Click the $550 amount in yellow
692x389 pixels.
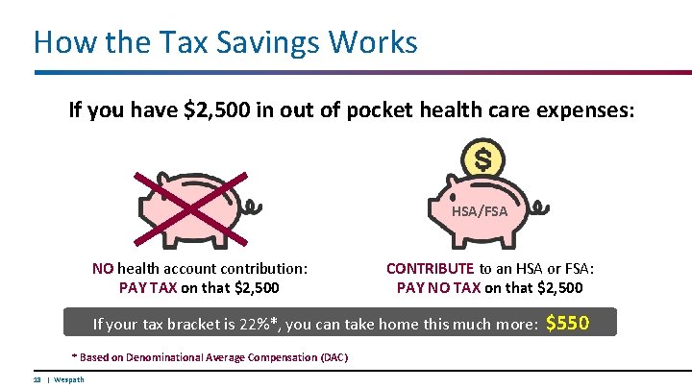click(x=567, y=323)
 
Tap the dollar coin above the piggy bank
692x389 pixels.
click(x=484, y=158)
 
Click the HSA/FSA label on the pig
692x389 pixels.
click(x=479, y=209)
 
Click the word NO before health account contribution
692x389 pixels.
click(x=103, y=269)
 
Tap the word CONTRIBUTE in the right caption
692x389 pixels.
click(x=431, y=269)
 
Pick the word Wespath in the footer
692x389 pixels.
click(x=69, y=379)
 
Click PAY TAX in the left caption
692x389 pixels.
click(x=147, y=286)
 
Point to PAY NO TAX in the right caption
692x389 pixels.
click(x=439, y=286)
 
